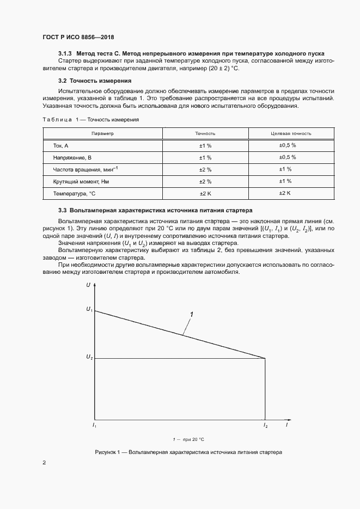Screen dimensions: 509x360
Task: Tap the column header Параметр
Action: click(102, 133)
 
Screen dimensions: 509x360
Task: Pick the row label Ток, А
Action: click(61, 146)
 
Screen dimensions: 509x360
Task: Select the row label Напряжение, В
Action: click(72, 157)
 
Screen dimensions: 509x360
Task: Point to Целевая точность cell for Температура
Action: click(285, 193)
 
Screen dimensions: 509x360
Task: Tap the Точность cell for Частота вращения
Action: click(205, 169)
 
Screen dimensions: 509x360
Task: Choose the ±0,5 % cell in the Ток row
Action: click(287, 145)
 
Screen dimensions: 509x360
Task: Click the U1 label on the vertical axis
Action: click(89, 310)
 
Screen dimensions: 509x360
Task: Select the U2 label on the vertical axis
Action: click(89, 358)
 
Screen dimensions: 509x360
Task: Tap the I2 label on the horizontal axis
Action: click(265, 425)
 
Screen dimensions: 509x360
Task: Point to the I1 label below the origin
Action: click(95, 425)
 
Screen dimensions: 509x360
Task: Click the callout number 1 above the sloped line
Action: click(191, 314)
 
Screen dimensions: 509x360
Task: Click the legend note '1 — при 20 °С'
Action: click(188, 439)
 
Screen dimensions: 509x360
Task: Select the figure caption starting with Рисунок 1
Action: click(188, 452)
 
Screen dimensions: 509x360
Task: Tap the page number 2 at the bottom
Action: click(44, 463)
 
